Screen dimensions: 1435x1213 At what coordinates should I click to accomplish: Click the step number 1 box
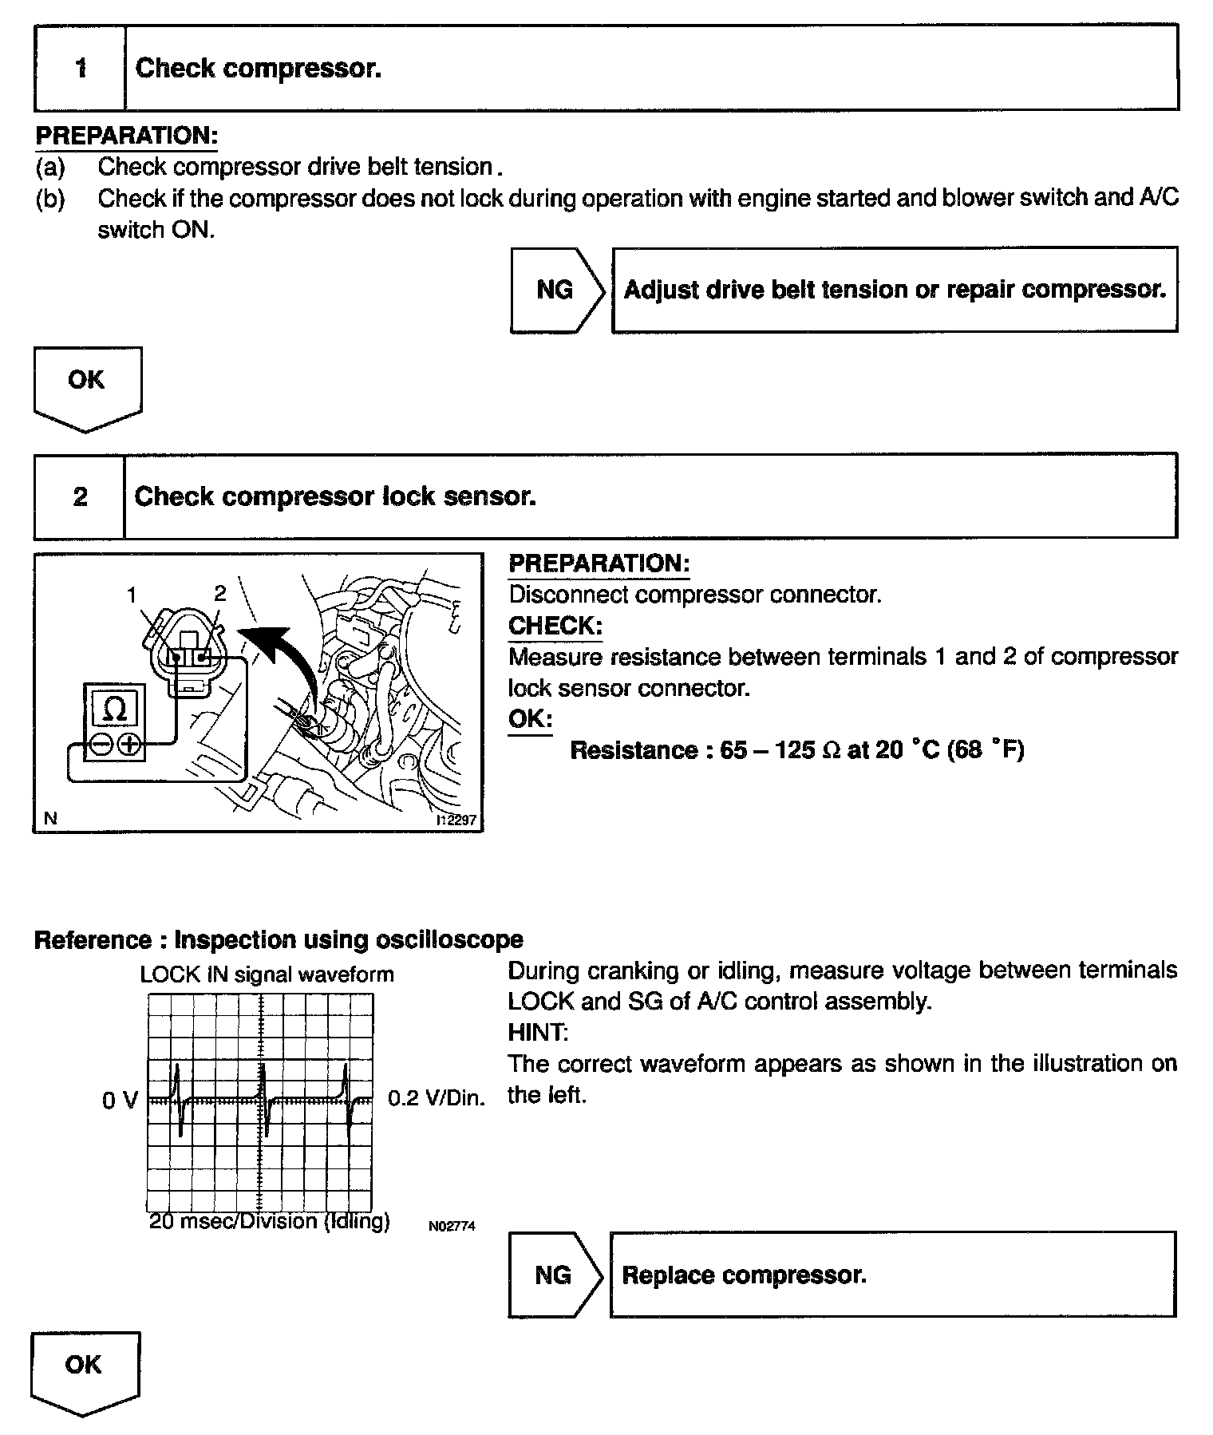pos(80,69)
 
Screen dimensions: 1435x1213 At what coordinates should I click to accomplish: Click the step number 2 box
pos(80,497)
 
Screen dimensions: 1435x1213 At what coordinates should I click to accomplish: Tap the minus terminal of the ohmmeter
pos(101,745)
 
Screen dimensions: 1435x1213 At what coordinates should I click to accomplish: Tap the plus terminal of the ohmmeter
pos(129,745)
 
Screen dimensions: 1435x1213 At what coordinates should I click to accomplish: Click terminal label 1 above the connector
pos(132,594)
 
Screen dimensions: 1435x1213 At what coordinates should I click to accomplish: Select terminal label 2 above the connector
pos(220,592)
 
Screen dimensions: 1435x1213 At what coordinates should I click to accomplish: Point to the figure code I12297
pos(456,820)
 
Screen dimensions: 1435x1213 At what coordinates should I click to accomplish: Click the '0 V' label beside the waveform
pos(120,1101)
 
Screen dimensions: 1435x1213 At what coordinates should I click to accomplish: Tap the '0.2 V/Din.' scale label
pos(436,1098)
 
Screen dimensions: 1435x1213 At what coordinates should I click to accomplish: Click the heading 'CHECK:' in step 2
pos(555,626)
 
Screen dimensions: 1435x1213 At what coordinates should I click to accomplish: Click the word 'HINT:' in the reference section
pos(538,1033)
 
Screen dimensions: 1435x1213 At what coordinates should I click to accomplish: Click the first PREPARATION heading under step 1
pos(126,136)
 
